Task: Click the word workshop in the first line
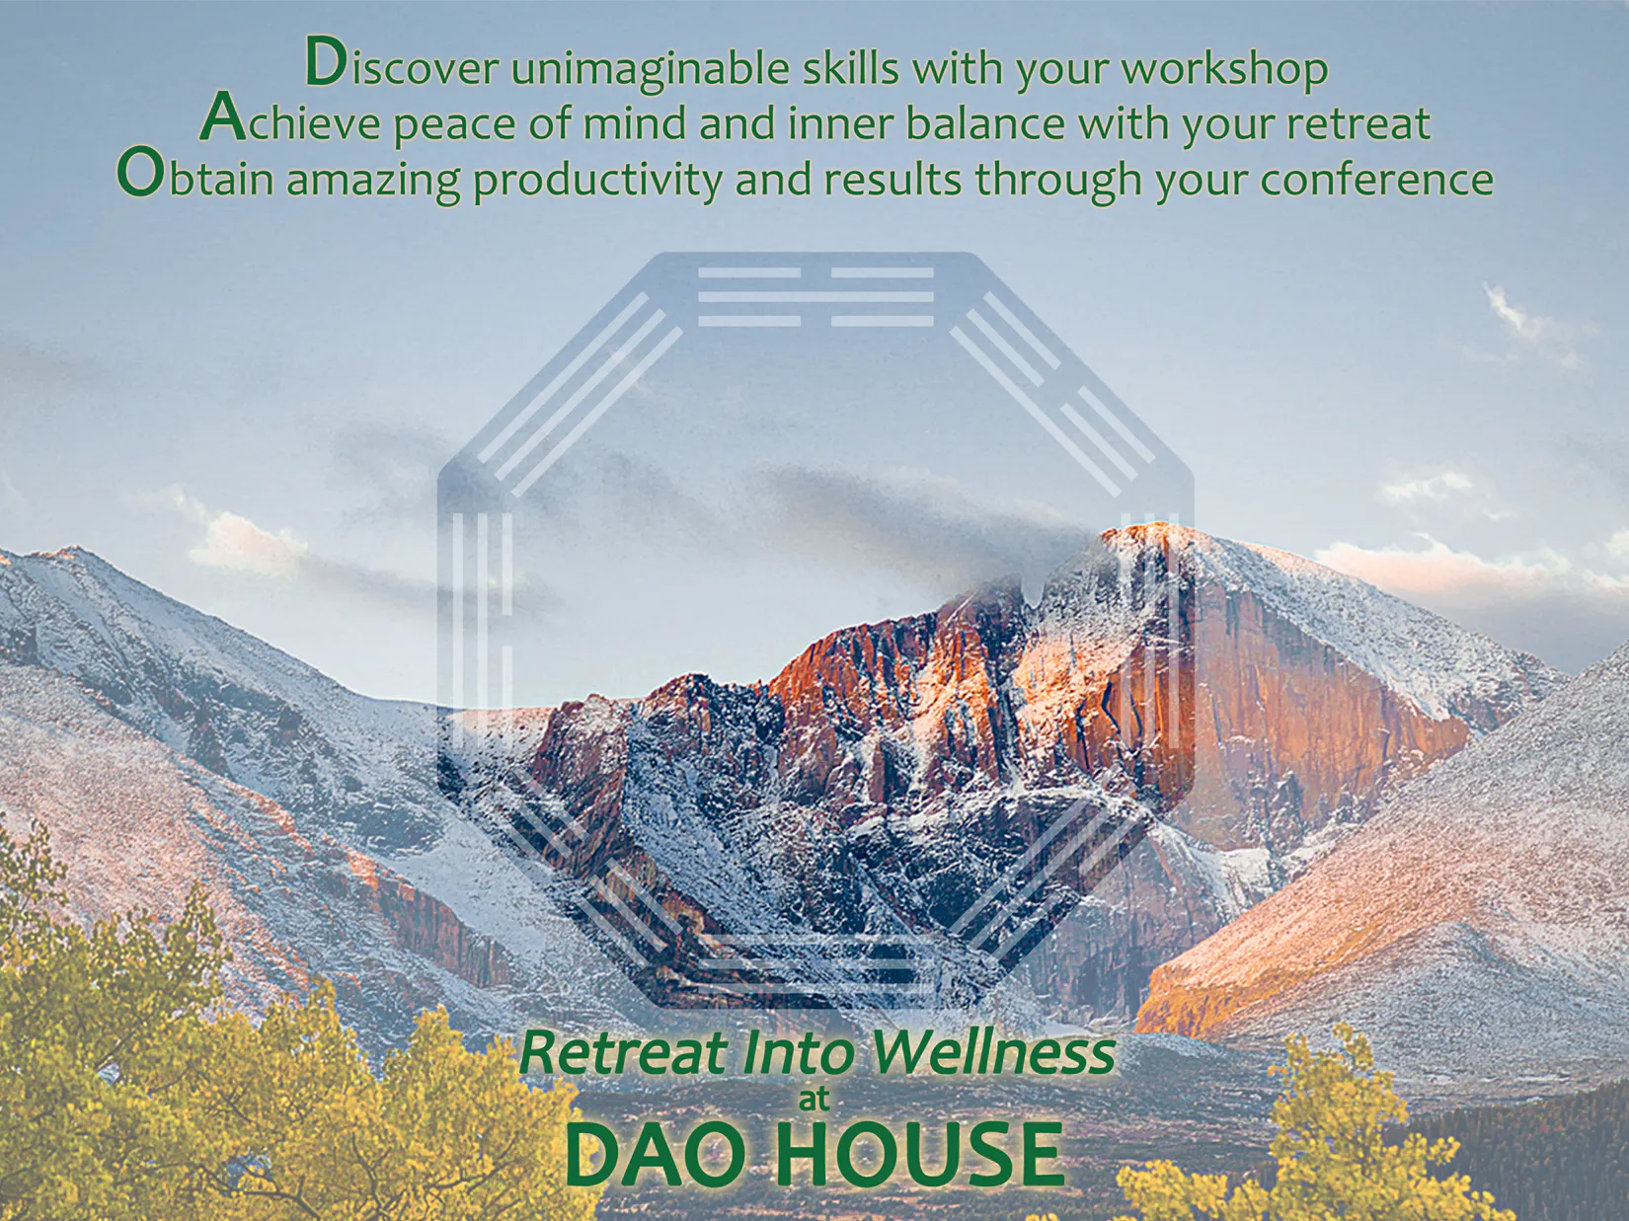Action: tap(1224, 68)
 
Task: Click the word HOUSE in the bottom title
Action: tap(920, 1155)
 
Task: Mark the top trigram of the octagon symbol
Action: tap(815, 297)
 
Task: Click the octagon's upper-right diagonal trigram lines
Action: tap(1051, 395)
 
